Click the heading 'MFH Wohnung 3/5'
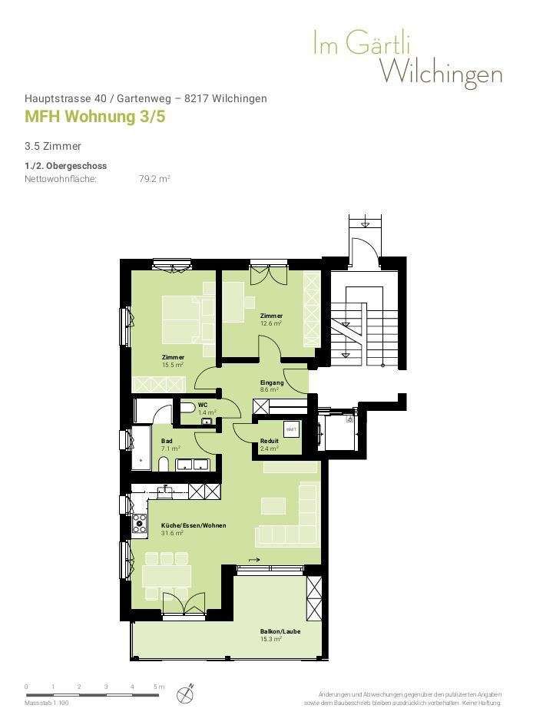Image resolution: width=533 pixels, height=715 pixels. [95, 117]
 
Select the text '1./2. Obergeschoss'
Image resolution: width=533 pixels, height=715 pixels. [65, 166]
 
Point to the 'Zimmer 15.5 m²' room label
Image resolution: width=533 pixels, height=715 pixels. [173, 361]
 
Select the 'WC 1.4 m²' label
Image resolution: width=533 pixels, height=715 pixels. [205, 409]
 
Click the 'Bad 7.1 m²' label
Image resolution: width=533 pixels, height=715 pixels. [170, 445]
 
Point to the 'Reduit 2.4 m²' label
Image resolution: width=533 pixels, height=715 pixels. [269, 445]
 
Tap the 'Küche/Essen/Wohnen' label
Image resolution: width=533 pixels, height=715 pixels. [193, 526]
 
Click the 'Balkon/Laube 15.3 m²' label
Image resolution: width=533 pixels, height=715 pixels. [280, 635]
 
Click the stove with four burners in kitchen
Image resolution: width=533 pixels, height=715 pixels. [140, 523]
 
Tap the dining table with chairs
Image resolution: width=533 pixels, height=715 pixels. [167, 575]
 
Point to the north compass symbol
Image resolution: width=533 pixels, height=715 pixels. [184, 693]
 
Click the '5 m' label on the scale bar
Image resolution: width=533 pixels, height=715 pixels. [159, 687]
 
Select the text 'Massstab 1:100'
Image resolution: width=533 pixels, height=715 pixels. [47, 703]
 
